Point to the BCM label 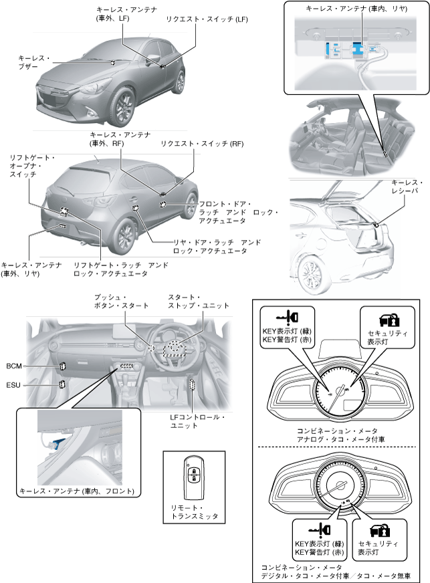point(14,366)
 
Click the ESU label point(14,385)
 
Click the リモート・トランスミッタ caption point(194,512)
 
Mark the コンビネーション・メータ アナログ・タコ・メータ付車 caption point(336,435)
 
